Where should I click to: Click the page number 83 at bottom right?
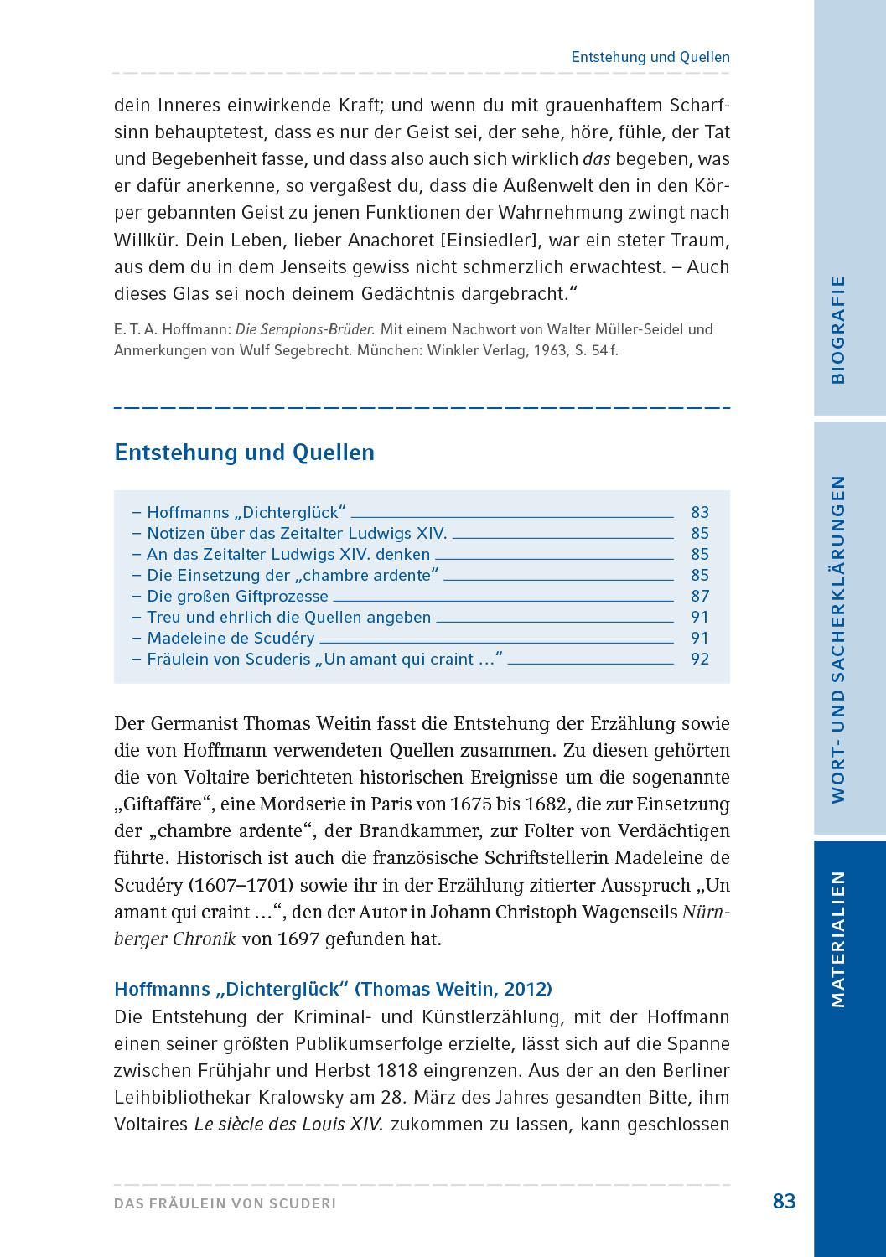click(x=783, y=1201)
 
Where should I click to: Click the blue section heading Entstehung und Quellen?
click(x=244, y=453)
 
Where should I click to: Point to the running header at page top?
click(x=650, y=57)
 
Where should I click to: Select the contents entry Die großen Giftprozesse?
click(x=237, y=596)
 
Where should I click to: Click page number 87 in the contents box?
click(x=699, y=596)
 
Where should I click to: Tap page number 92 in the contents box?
click(x=699, y=659)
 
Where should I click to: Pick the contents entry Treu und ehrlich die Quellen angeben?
click(x=288, y=617)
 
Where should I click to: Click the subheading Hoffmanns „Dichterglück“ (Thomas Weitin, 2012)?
click(x=333, y=989)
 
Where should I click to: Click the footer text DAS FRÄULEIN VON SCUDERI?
click(x=225, y=1203)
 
